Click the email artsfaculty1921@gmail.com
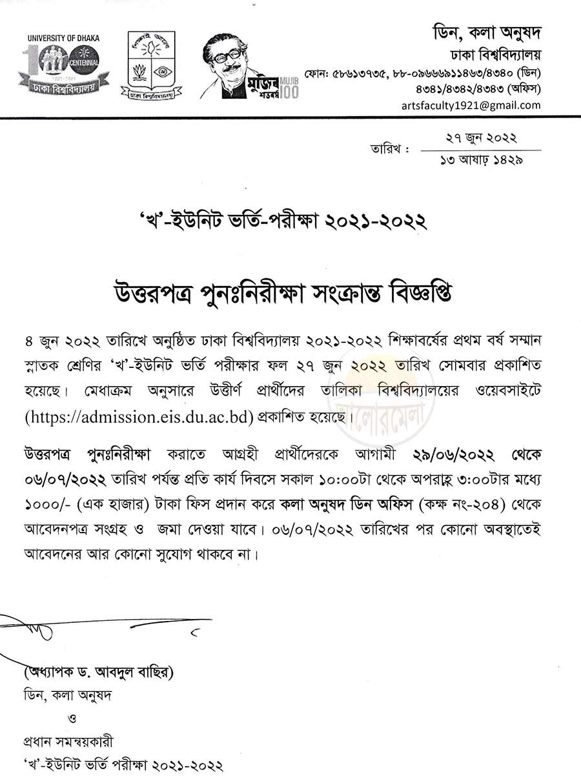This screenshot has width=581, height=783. point(471,105)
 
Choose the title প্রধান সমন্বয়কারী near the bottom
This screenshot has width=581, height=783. point(71,742)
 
